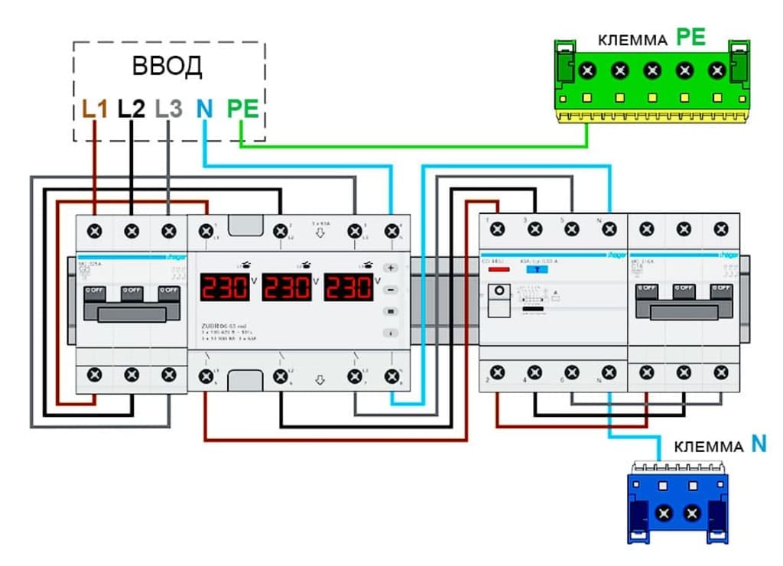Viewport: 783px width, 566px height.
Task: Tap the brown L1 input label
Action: [95, 109]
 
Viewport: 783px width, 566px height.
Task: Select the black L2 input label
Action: [131, 109]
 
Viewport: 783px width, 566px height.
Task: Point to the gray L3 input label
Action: [168, 109]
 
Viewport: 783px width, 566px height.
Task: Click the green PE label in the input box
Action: [242, 109]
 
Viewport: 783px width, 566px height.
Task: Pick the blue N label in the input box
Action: [204, 109]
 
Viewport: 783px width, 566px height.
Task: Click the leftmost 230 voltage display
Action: [225, 288]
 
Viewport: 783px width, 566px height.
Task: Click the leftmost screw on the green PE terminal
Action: [587, 70]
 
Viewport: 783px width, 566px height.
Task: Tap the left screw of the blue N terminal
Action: [664, 512]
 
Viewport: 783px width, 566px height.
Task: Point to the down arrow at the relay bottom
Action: [320, 379]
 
